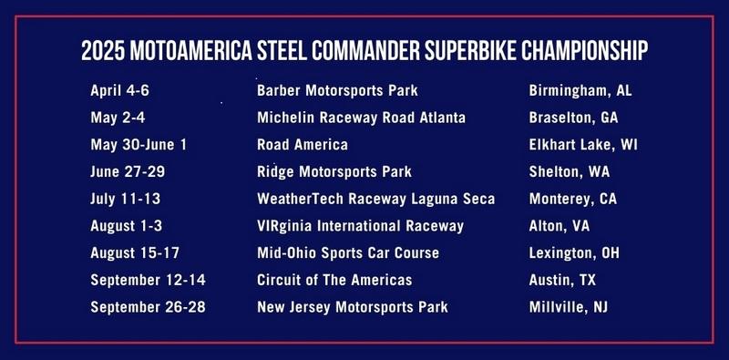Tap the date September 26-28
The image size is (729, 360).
(148, 307)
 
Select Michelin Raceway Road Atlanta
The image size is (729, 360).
(362, 118)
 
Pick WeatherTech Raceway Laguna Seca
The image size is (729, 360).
(375, 199)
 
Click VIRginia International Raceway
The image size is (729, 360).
(361, 226)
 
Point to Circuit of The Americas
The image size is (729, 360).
(334, 280)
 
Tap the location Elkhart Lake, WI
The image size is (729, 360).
(583, 145)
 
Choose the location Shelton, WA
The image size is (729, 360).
(570, 172)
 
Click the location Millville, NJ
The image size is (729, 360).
(569, 307)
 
